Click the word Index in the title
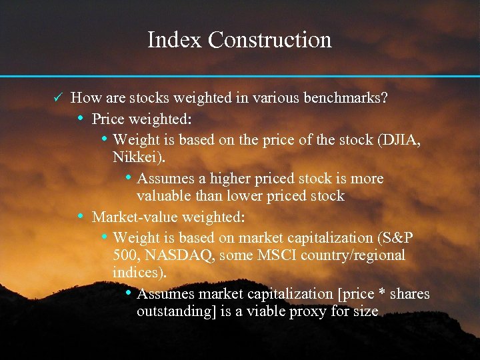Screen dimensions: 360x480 point(175,40)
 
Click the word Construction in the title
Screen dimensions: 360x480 point(270,40)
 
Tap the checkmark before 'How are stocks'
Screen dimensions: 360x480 point(58,98)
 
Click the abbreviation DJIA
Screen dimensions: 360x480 point(399,141)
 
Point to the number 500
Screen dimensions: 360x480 point(125,255)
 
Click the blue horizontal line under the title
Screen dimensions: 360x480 point(240,76)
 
